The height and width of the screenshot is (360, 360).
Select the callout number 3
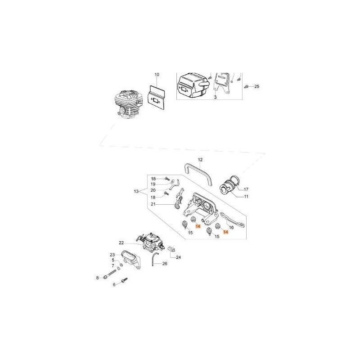(215, 97)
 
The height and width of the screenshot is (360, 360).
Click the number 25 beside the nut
(257, 86)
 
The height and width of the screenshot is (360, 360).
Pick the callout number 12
(200, 160)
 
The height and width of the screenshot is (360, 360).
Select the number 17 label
(246, 189)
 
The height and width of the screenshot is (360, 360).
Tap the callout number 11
(246, 197)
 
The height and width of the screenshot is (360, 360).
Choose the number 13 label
(136, 192)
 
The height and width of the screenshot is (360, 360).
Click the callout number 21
(153, 204)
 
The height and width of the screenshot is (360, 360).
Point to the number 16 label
(231, 228)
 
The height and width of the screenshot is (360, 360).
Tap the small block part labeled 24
(171, 248)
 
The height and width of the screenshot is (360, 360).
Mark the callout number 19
(153, 184)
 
